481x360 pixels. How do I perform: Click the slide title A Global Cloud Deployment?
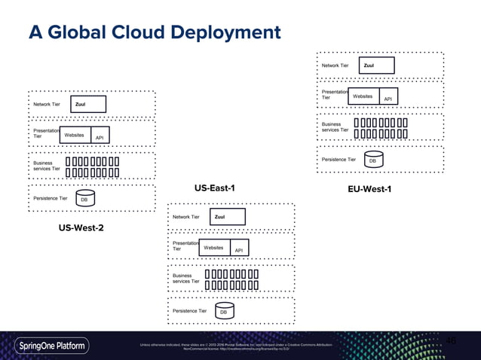pos(154,33)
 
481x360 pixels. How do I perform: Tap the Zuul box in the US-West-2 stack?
pos(89,104)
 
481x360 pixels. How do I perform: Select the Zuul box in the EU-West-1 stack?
pos(378,66)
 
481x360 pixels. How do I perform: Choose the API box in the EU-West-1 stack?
pos(388,99)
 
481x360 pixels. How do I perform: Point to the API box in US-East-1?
pos(238,250)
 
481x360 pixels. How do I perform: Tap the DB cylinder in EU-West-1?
pos(372,160)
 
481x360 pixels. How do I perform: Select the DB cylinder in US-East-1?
pos(223,311)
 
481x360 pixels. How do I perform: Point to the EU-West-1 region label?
pos(369,188)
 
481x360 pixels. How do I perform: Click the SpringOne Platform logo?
pos(52,346)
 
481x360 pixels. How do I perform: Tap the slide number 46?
pos(451,340)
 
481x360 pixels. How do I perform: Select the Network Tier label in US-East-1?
pos(186,217)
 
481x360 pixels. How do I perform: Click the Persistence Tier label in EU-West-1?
pos(339,160)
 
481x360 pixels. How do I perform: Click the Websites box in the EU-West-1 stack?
pos(363,96)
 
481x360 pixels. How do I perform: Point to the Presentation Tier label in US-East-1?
pos(185,246)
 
